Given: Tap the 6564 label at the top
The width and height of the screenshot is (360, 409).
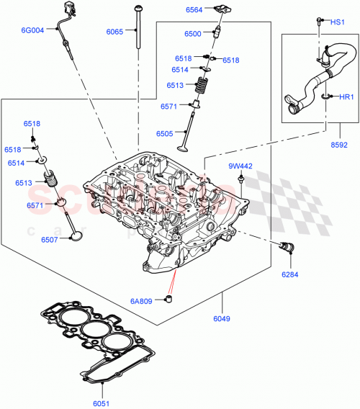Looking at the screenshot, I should (x=195, y=10).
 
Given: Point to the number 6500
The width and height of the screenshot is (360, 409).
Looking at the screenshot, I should (x=192, y=34).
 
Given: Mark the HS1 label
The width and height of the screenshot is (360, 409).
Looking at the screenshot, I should (x=337, y=22).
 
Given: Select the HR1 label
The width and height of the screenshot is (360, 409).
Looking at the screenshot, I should (x=346, y=97).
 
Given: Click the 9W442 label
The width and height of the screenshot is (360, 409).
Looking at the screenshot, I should (x=240, y=166).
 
